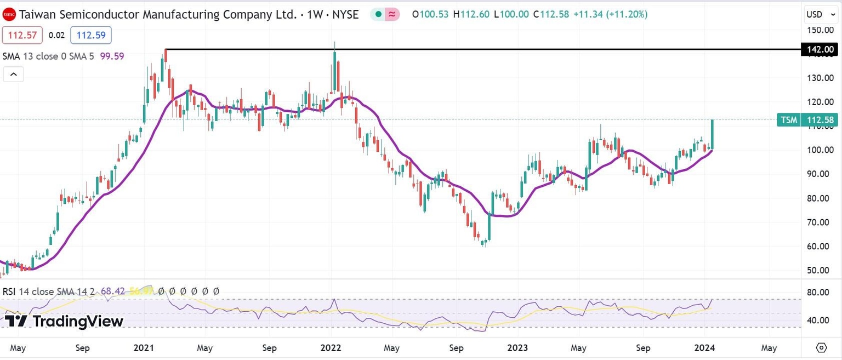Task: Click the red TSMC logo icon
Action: [x=9, y=14]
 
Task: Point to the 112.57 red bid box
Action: [x=21, y=36]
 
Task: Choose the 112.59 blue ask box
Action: [x=90, y=36]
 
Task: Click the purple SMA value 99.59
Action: [x=112, y=56]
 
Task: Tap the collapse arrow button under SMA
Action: [x=13, y=74]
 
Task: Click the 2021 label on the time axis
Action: [x=144, y=348]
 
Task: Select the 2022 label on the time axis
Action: [x=331, y=348]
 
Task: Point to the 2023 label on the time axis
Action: [x=517, y=348]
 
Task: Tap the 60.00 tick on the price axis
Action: [x=821, y=247]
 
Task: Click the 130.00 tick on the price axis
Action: [x=821, y=78]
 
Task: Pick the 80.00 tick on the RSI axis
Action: [x=821, y=292]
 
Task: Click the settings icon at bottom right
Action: [x=821, y=348]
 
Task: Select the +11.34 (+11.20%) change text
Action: [x=610, y=14]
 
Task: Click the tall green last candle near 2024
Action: [x=712, y=134]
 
